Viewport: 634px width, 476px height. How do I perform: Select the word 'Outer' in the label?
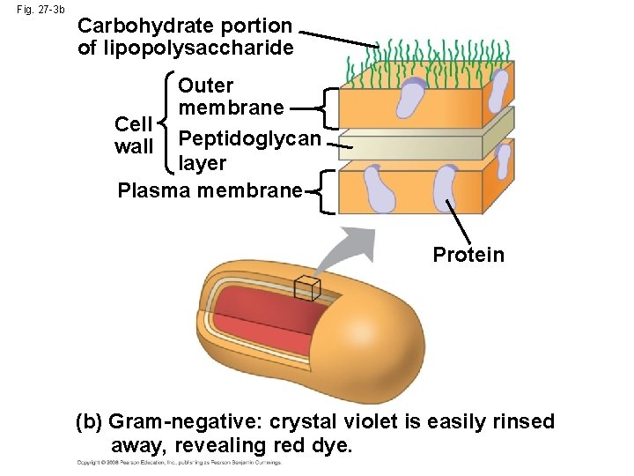(x=205, y=86)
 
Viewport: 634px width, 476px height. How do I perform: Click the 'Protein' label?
(x=468, y=256)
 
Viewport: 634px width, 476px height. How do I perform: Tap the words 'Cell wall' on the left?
(x=134, y=135)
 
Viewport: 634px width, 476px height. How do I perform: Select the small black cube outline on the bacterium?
(x=306, y=287)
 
